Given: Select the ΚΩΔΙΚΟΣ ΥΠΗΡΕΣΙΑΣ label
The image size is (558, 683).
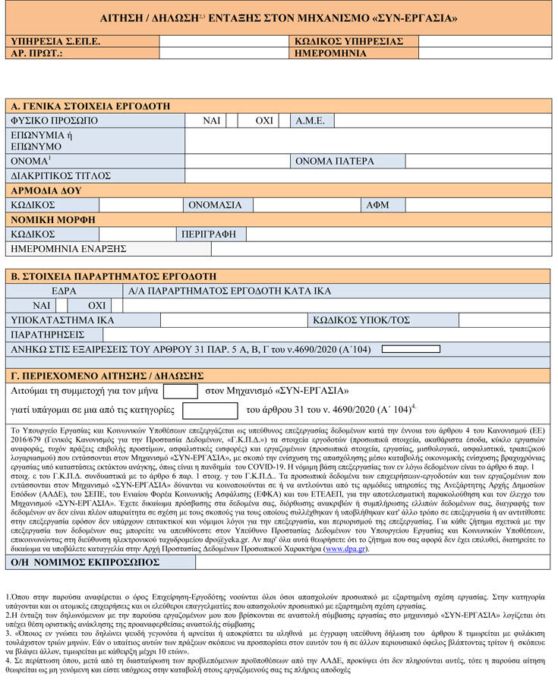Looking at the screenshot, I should (x=348, y=42).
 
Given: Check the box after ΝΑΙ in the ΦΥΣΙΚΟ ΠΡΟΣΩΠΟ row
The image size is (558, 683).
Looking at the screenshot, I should (x=232, y=121).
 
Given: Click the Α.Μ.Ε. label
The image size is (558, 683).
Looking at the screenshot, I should (x=311, y=121).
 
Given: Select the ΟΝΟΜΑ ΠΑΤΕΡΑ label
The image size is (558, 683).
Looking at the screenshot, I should (x=335, y=161).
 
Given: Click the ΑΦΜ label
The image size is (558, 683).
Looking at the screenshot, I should (x=377, y=205).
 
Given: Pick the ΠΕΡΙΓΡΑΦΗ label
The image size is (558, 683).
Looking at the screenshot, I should (x=209, y=234).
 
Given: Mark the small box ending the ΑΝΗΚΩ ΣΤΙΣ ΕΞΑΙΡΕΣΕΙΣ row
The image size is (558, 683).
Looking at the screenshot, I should (x=410, y=349).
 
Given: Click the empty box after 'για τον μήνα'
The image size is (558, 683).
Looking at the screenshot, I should (x=181, y=392).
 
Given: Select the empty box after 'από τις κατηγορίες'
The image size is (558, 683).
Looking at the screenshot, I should (x=210, y=411).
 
